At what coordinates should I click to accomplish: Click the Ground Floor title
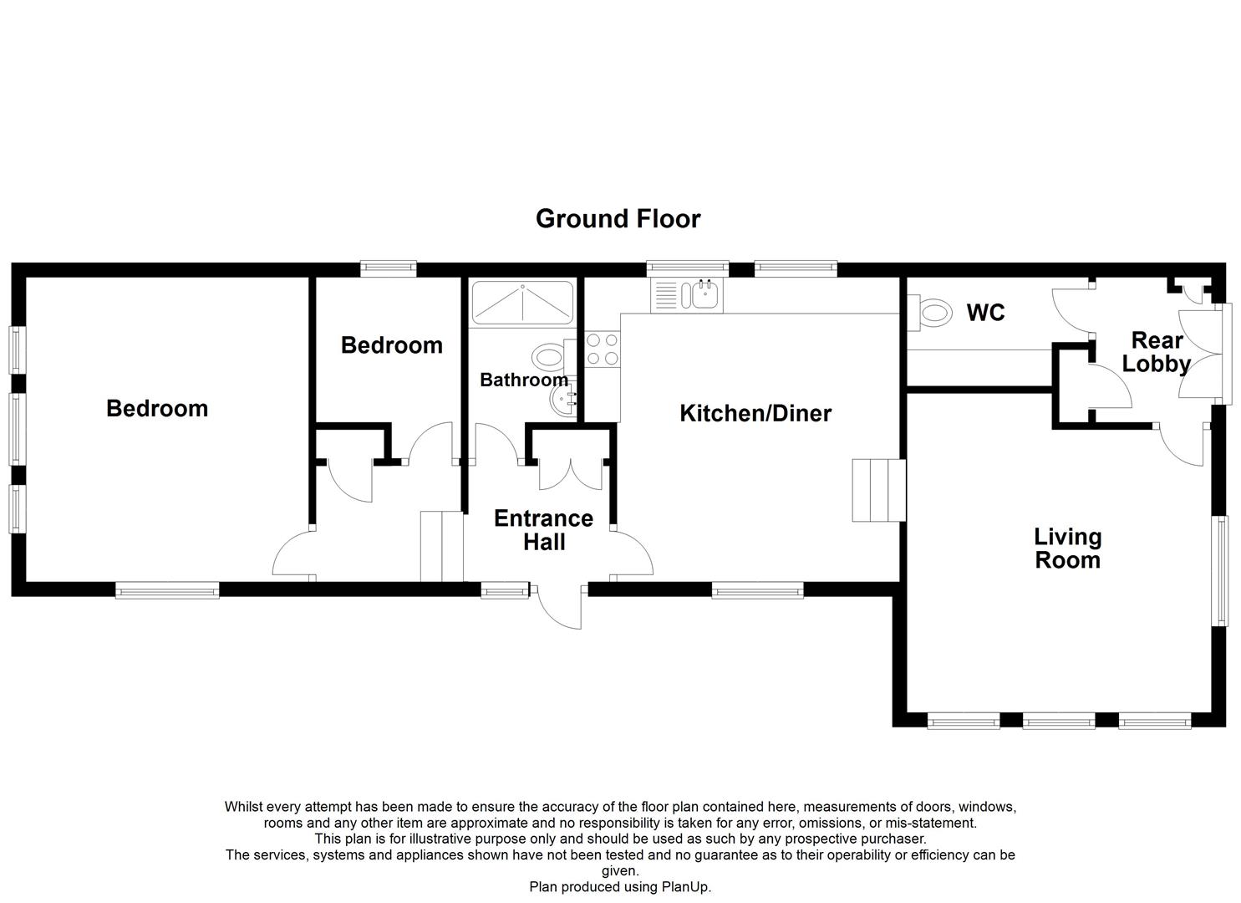618,219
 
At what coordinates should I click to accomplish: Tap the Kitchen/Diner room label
755,413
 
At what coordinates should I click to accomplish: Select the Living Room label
1067,548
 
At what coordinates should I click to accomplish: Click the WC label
985,313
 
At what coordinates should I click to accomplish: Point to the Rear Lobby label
1157,352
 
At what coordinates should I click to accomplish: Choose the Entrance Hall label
543,530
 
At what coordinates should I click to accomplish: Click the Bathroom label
523,380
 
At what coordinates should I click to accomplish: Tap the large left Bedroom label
157,408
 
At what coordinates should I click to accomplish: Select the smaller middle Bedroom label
391,345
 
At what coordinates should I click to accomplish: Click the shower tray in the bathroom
522,303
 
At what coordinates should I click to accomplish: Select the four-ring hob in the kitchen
603,349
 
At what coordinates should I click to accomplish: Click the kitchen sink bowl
706,295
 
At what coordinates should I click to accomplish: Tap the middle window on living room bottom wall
1059,719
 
